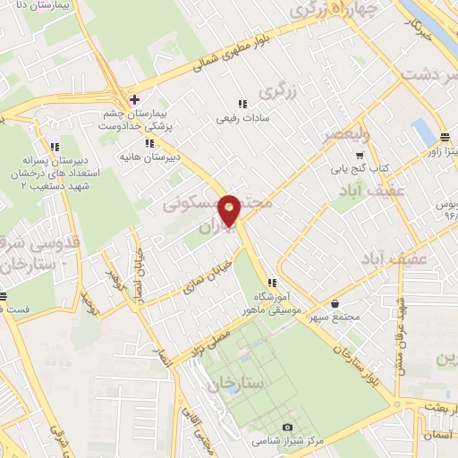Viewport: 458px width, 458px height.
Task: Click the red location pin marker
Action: (229, 209)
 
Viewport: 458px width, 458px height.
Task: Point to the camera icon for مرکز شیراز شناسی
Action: (287, 428)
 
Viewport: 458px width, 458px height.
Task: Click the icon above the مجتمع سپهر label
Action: (335, 304)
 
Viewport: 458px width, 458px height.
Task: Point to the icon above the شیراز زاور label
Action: (445, 137)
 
